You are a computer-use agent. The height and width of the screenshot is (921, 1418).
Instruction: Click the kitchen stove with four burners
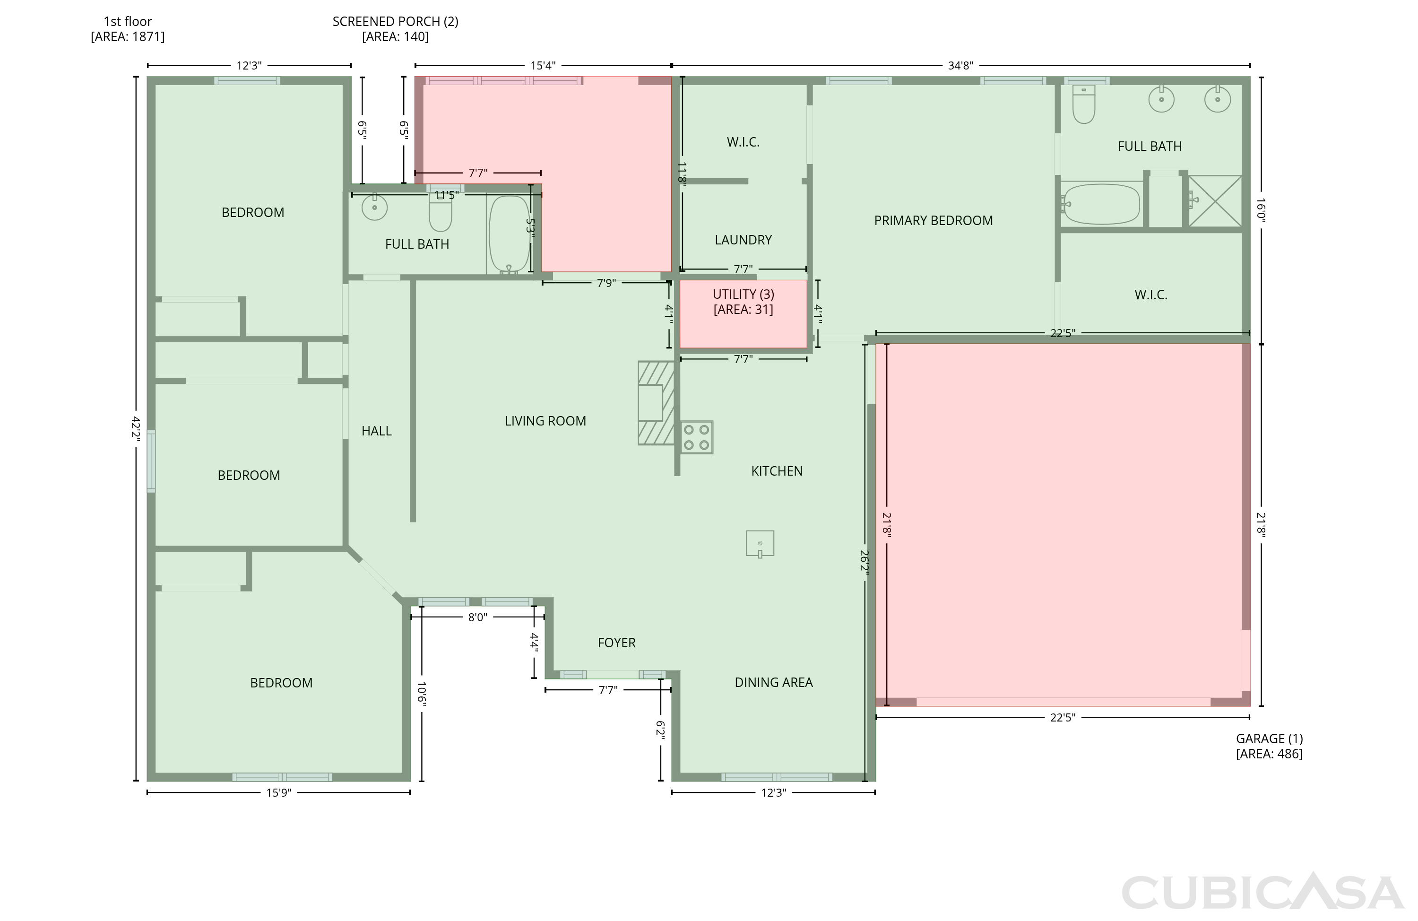(x=697, y=437)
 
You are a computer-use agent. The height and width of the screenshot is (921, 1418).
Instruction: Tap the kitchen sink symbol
(x=760, y=544)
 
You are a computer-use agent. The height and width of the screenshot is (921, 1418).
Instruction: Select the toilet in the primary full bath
(x=1083, y=104)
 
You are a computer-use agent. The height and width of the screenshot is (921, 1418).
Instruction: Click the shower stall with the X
(x=1215, y=201)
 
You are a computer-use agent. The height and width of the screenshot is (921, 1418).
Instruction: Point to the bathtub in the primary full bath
(x=1101, y=203)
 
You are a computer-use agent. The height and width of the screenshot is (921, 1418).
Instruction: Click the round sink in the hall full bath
(x=374, y=208)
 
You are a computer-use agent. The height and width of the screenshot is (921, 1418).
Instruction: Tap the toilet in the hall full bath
(x=441, y=212)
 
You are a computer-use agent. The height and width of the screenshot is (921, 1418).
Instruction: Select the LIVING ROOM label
(x=545, y=421)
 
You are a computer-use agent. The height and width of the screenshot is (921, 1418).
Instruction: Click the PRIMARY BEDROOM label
(x=933, y=221)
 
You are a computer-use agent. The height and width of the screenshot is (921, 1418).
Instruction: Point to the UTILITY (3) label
(x=744, y=295)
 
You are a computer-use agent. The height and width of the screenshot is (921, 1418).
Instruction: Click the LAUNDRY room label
(x=743, y=240)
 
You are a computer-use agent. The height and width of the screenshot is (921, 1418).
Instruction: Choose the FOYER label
(x=617, y=643)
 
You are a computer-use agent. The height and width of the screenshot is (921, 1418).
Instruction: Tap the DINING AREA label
(x=773, y=683)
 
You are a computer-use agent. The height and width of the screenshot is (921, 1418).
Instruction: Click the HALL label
(x=377, y=431)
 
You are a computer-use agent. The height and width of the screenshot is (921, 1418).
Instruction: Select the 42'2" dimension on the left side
(x=136, y=428)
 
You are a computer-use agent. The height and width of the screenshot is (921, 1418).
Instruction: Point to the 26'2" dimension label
(x=865, y=560)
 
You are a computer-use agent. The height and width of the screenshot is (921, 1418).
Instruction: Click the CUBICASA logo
(x=1262, y=892)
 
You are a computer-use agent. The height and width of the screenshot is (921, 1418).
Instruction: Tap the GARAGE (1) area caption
(x=1269, y=739)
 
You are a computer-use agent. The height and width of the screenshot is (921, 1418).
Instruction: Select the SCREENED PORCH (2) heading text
(x=396, y=21)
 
